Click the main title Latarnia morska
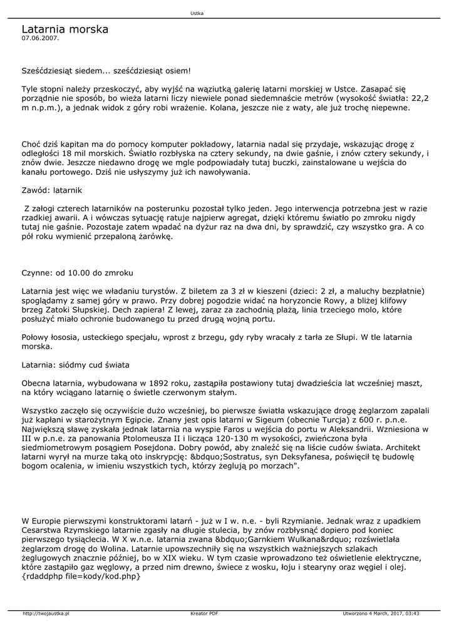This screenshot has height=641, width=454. (x=65, y=29)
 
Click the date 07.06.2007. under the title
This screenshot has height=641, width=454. (x=40, y=38)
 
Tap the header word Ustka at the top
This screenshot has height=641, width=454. (x=196, y=13)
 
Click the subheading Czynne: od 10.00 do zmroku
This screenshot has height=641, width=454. (x=77, y=273)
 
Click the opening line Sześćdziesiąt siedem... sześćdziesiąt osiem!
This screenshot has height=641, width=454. (x=106, y=71)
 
